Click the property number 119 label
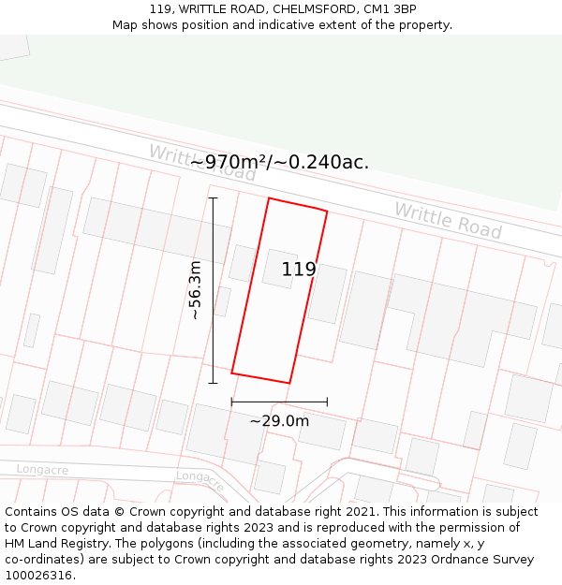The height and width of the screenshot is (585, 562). [x=299, y=270]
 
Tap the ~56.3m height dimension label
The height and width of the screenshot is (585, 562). [x=195, y=290]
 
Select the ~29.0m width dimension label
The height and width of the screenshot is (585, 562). [x=279, y=421]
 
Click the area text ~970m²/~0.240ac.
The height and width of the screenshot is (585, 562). [x=279, y=162]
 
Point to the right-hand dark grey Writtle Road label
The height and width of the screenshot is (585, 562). [x=448, y=221]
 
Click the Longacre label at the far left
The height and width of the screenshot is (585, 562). [x=42, y=469]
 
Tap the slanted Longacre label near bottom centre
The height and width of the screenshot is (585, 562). [x=200, y=481]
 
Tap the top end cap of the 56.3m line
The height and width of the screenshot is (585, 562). [x=213, y=198]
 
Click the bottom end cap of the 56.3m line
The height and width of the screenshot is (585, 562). [x=213, y=382]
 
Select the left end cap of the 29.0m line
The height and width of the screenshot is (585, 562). [x=231, y=402]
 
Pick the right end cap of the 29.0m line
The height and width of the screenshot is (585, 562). [x=327, y=402]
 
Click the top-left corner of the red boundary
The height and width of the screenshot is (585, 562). [x=270, y=198]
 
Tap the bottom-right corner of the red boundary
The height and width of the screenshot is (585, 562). [x=289, y=383]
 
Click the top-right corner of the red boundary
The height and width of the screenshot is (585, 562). [x=327, y=212]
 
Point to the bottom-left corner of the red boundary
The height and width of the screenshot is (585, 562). [x=231, y=373]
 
